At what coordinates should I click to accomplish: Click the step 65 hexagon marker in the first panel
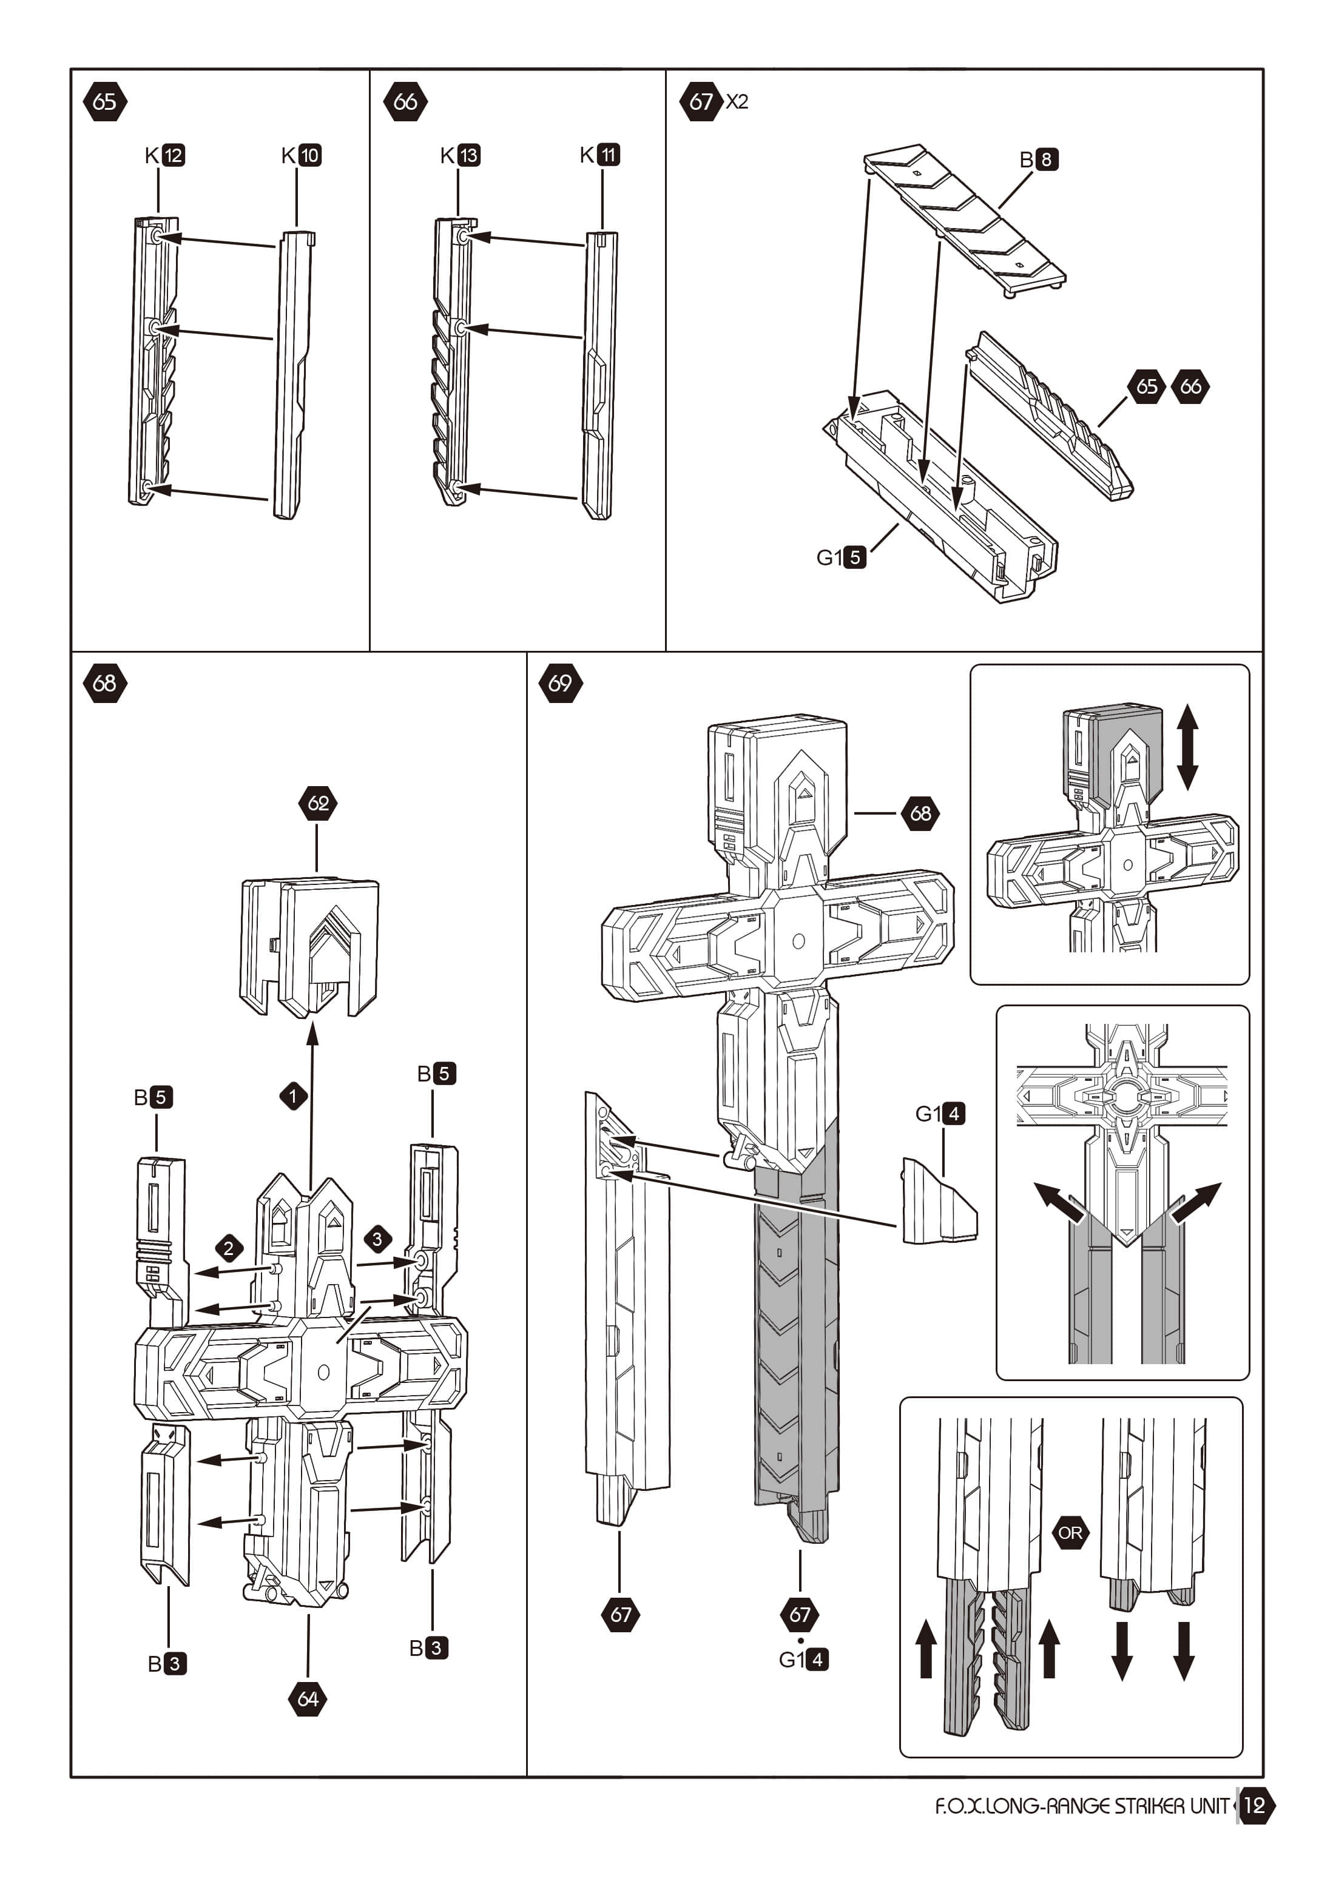(105, 102)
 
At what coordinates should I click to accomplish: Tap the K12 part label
(165, 155)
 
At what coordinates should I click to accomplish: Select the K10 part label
(301, 155)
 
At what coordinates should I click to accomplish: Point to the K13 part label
(461, 155)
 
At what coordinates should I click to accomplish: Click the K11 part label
(600, 154)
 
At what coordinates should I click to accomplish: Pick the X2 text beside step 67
(737, 102)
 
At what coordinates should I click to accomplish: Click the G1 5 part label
(842, 557)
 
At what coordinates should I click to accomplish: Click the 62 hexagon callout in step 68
(318, 802)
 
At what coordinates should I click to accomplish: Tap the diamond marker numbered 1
(293, 1096)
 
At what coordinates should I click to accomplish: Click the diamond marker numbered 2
(229, 1249)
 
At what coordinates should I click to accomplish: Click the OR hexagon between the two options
(1070, 1533)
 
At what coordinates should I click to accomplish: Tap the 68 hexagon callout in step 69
(921, 813)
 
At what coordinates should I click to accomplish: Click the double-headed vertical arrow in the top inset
(1188, 747)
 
